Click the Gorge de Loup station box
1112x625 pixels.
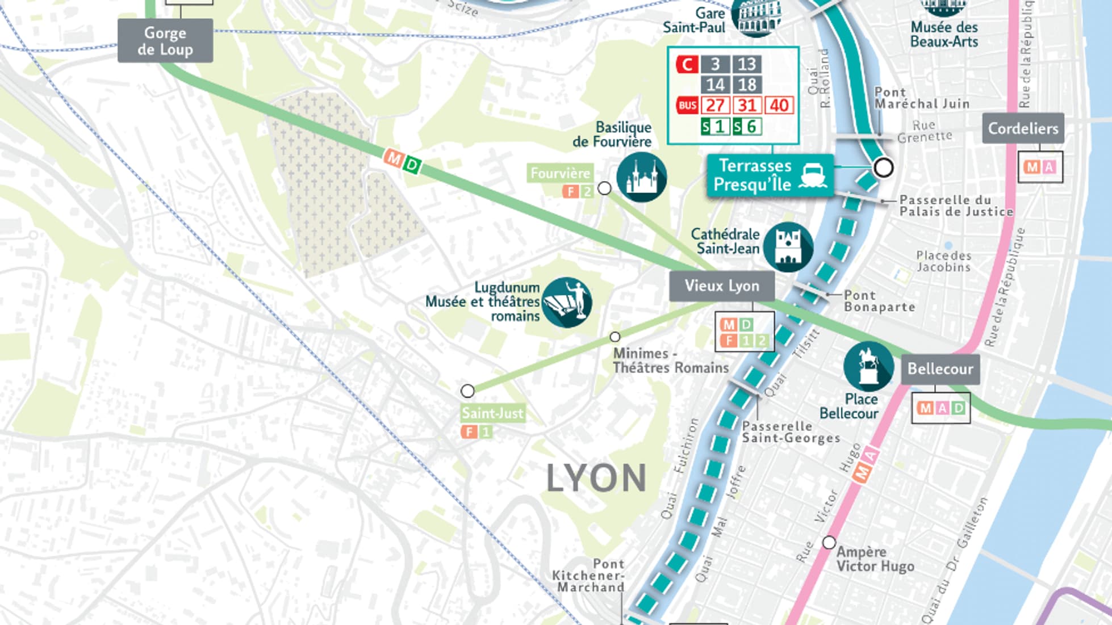pyautogui.click(x=165, y=41)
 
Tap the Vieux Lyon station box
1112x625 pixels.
pyautogui.click(x=721, y=286)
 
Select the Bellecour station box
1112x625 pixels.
pyautogui.click(x=940, y=369)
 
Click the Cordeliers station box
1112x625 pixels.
pyautogui.click(x=1023, y=128)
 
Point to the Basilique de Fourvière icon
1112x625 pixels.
pyautogui.click(x=641, y=177)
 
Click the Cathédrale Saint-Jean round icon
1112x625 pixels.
pyautogui.click(x=788, y=247)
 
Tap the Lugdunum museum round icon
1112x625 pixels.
pyautogui.click(x=566, y=302)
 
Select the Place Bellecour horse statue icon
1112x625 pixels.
pyautogui.click(x=868, y=366)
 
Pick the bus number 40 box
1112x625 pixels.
pyautogui.click(x=779, y=105)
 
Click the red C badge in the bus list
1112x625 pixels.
pyautogui.click(x=687, y=64)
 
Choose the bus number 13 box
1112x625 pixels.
pyautogui.click(x=747, y=64)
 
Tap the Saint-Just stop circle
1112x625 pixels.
pyautogui.click(x=467, y=391)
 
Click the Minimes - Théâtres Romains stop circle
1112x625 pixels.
pyautogui.click(x=614, y=337)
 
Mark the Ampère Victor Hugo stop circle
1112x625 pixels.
pyautogui.click(x=829, y=542)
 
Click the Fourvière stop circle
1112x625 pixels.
pyautogui.click(x=605, y=188)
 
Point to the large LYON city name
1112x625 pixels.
pyautogui.click(x=596, y=479)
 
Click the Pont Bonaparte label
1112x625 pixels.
pyautogui.click(x=879, y=301)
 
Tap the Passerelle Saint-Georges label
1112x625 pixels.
pyautogui.click(x=791, y=432)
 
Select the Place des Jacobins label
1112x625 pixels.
pyautogui.click(x=943, y=261)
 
